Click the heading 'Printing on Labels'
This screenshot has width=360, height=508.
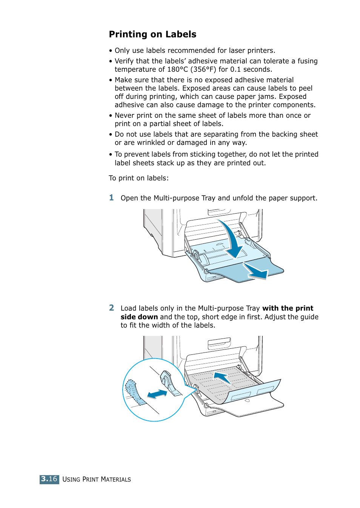pos(152,34)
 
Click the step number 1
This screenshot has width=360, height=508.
pos(111,198)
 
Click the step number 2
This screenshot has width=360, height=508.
pos(111,308)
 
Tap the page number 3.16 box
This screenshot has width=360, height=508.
pos(49,479)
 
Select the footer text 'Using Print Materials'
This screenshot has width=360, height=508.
pos(97,479)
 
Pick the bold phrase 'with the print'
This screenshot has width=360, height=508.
pos(288,308)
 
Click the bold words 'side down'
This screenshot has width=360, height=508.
pos(139,317)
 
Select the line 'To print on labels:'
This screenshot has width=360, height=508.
pos(138,178)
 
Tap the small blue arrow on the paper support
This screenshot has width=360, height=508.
pos(255,271)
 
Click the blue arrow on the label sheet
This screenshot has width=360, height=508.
pos(222,377)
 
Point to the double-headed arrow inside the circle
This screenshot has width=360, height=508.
pos(157,394)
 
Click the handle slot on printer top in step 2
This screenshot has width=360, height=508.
pos(219,343)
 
